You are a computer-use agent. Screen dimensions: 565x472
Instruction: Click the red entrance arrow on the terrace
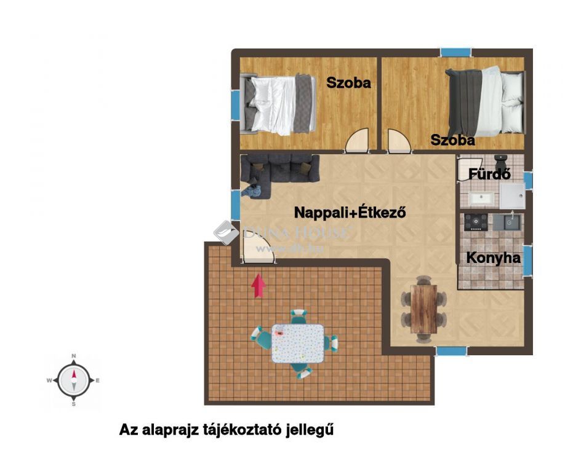click(x=258, y=286)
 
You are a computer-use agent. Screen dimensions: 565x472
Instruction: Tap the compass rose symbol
click(x=73, y=380)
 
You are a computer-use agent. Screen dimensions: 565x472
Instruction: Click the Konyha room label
click(x=493, y=258)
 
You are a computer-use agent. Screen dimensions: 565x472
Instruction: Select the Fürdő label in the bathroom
click(x=489, y=174)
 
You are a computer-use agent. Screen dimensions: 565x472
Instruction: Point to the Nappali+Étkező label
click(x=350, y=212)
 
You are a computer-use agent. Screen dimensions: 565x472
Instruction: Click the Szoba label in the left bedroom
click(x=348, y=83)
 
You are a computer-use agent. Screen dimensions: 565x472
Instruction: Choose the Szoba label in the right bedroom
click(x=452, y=140)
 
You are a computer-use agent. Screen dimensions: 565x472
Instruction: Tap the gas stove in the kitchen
click(x=476, y=222)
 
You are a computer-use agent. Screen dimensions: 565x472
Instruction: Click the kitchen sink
click(x=507, y=222)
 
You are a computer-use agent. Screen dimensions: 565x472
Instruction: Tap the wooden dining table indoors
click(x=423, y=309)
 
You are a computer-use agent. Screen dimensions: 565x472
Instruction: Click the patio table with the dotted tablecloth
click(x=298, y=344)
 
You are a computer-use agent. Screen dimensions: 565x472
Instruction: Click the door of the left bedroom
click(x=357, y=140)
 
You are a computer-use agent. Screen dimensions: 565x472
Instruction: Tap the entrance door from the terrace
click(x=258, y=251)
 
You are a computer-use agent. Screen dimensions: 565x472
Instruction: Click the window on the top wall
click(x=456, y=52)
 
